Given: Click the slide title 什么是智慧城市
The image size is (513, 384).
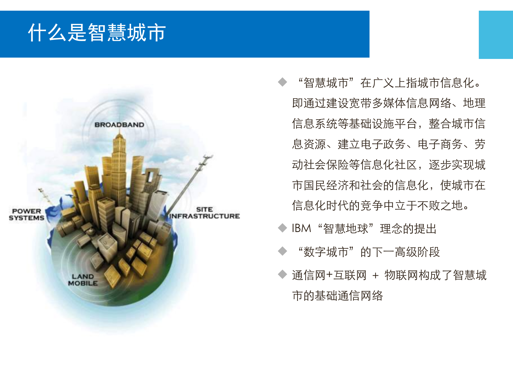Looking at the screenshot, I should [x=97, y=33].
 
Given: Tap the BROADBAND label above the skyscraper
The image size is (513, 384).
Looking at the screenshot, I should [x=119, y=125].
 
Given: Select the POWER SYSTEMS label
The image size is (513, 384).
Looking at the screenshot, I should [x=26, y=214].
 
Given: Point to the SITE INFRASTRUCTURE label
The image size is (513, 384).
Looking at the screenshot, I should [x=205, y=213].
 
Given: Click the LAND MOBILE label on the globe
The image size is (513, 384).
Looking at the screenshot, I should [x=83, y=280].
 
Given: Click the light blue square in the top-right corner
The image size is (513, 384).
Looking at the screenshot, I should [x=496, y=35].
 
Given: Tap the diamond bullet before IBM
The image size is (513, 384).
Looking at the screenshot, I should [x=282, y=228].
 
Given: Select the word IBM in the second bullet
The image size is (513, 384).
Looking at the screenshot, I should [x=301, y=229].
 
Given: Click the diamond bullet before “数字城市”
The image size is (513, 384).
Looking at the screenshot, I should [x=282, y=251].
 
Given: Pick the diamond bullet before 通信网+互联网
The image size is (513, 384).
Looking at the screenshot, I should [x=282, y=274].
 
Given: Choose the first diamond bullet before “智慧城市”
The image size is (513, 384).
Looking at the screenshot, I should [x=282, y=82].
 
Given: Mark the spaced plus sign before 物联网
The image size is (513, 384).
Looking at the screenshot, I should [x=375, y=275].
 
